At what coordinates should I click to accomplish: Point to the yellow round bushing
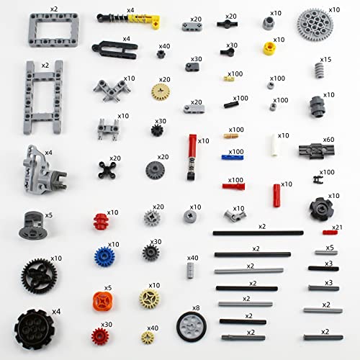pos(269,49)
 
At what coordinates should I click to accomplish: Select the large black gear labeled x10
pos(39,276)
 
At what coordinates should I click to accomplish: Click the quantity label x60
pos(328,140)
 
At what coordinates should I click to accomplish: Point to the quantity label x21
pos(336,228)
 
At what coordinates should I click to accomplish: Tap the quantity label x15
pos(325,59)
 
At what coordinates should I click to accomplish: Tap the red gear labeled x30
pos(99,335)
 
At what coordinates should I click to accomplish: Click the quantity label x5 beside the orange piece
pos(108,288)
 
